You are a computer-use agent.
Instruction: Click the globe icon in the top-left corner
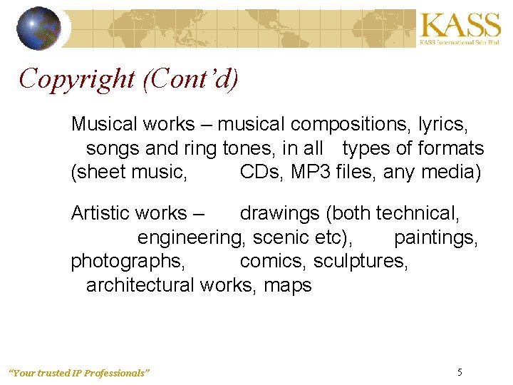click(x=38, y=28)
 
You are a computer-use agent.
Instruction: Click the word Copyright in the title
click(x=77, y=78)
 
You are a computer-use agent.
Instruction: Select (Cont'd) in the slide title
click(x=190, y=78)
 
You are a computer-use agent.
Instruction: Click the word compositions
click(x=347, y=124)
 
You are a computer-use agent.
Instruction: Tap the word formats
click(x=450, y=148)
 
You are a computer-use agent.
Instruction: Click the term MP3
click(x=321, y=172)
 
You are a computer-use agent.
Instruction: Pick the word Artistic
click(x=100, y=213)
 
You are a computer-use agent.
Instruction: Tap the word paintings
click(x=435, y=237)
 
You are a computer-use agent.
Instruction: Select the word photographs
click(x=128, y=261)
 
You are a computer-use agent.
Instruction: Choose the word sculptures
click(x=361, y=261)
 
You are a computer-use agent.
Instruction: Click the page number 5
click(x=460, y=372)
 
